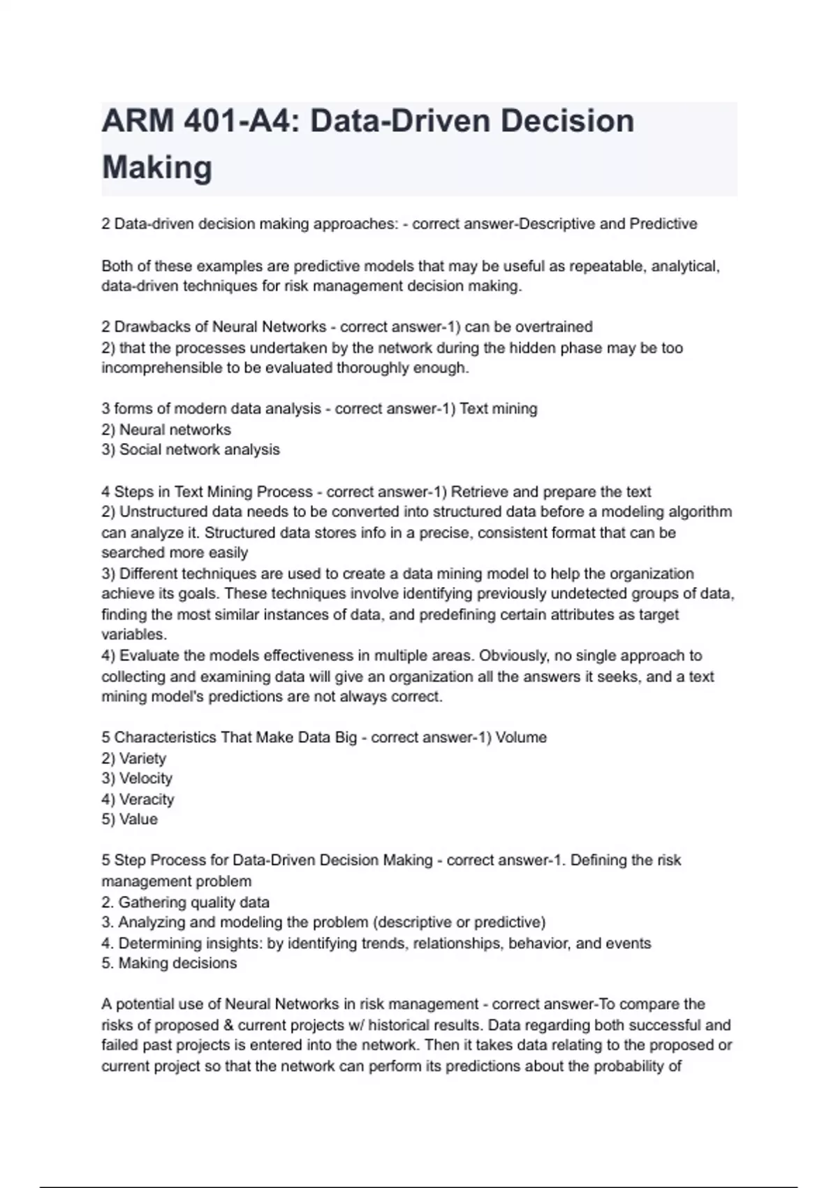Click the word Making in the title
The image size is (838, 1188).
157,168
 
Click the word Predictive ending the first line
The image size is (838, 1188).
663,224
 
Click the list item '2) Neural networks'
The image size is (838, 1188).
166,429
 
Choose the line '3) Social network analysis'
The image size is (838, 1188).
191,449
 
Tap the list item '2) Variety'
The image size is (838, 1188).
134,758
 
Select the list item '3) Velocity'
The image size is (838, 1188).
137,778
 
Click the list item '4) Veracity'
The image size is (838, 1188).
138,799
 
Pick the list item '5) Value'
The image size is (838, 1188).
130,819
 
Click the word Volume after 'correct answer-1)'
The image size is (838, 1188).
521,737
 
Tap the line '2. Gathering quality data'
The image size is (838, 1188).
186,902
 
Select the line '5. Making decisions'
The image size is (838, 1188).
170,963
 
